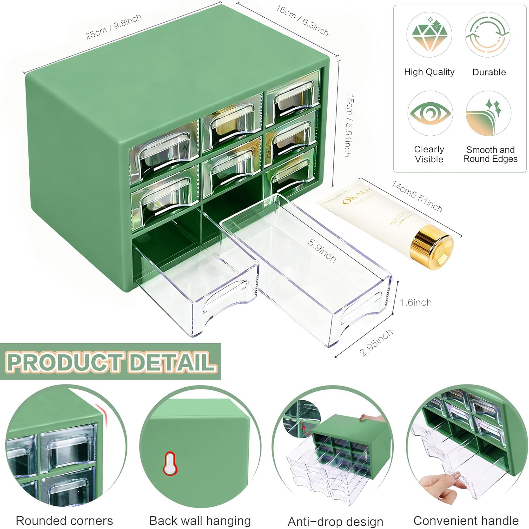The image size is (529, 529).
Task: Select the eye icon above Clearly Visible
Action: click(430, 114)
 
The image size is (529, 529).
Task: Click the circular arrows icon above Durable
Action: click(487, 35)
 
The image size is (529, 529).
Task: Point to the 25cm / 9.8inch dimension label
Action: click(113, 27)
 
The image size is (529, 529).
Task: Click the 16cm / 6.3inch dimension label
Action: click(302, 21)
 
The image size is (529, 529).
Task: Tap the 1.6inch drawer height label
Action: click(415, 303)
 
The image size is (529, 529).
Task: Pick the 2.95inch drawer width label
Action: click(376, 342)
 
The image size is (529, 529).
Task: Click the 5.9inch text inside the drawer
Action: click(321, 250)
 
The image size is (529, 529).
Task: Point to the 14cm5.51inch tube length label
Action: click(417, 196)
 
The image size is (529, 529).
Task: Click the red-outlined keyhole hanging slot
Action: click(170, 463)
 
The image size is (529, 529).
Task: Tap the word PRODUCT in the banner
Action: click(65, 362)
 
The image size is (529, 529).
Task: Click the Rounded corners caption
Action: click(64, 521)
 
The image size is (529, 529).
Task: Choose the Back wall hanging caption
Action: click(200, 521)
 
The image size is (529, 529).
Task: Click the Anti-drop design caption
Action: click(335, 521)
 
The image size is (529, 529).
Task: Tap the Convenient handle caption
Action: click(466, 521)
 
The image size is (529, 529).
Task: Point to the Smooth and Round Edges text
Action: click(490, 154)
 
